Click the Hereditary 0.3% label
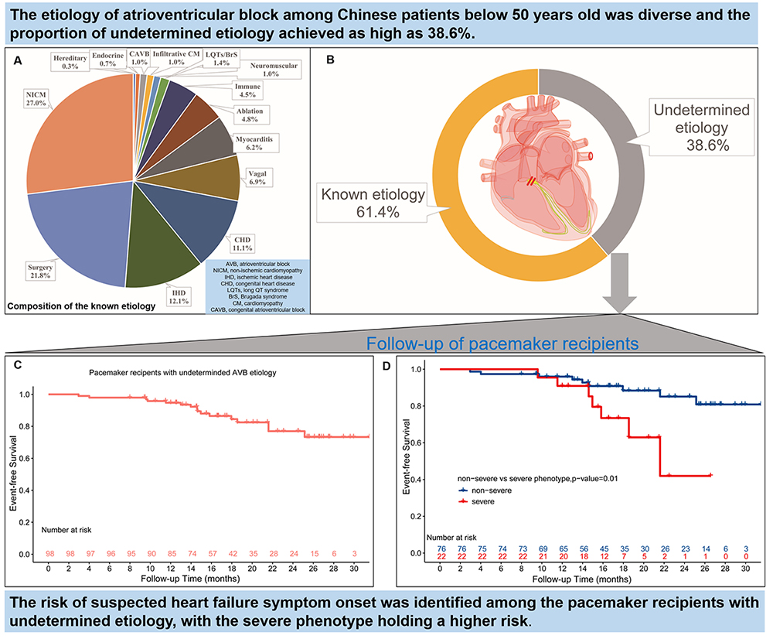74,63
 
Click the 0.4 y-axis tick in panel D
419,480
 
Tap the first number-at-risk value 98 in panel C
49,555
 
